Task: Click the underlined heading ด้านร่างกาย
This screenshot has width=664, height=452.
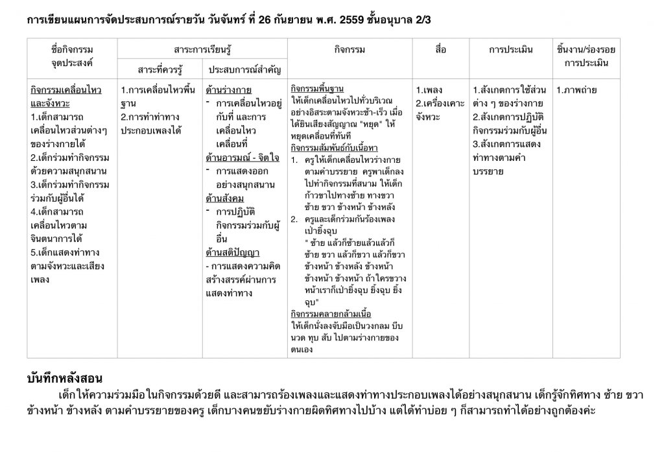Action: (228, 90)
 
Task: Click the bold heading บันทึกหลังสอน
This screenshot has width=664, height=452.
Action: (65, 378)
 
